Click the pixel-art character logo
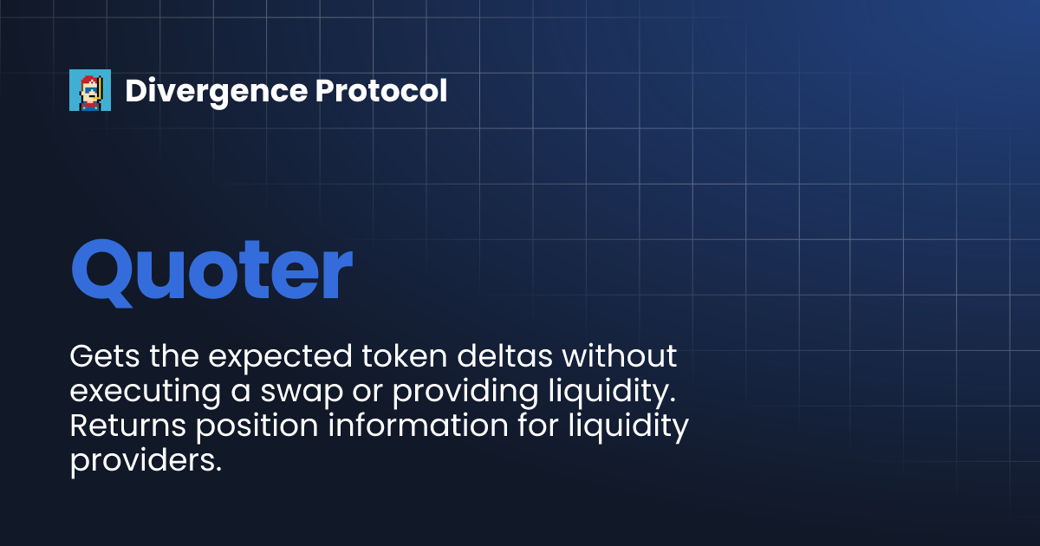pyautogui.click(x=90, y=90)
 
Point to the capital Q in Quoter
pyautogui.click(x=105, y=270)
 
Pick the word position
pyautogui.click(x=249, y=427)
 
